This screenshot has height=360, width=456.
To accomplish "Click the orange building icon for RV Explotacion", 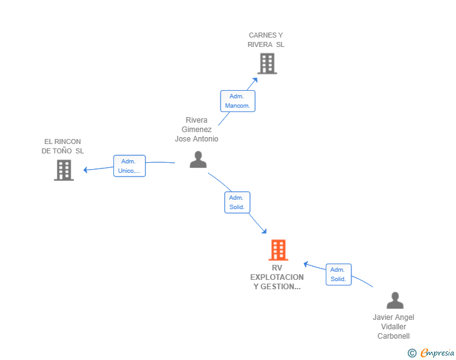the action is point(278,250).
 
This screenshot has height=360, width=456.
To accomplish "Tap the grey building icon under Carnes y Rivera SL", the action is point(267,64).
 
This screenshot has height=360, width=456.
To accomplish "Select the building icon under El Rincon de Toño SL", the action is point(64,170).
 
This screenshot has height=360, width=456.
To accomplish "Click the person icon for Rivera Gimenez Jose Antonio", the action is point(198,160).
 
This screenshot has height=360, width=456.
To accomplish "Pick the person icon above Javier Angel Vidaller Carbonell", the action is point(395,300).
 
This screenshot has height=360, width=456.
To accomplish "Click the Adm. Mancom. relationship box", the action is point(237,101).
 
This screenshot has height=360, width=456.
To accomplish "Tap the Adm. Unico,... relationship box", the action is point(130,166).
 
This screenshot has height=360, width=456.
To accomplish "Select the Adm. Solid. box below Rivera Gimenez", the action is point(237,202).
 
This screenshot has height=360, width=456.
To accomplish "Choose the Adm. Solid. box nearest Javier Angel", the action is point(338,274).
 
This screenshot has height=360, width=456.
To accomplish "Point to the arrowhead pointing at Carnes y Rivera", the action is point(256,80).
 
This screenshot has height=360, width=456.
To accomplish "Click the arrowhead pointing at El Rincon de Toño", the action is point(85,170).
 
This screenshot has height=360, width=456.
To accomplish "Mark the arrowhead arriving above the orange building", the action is point(264,231).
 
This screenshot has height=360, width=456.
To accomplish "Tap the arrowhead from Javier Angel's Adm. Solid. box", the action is point(306,264).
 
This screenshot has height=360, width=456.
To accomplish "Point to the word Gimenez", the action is point(197,130).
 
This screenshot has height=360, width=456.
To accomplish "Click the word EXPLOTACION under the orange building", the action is point(277,277).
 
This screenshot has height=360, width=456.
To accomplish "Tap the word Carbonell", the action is point(393,336).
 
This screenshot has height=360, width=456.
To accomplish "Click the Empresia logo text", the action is point(437,352).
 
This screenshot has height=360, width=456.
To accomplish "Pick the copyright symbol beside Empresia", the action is point(412,353).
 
